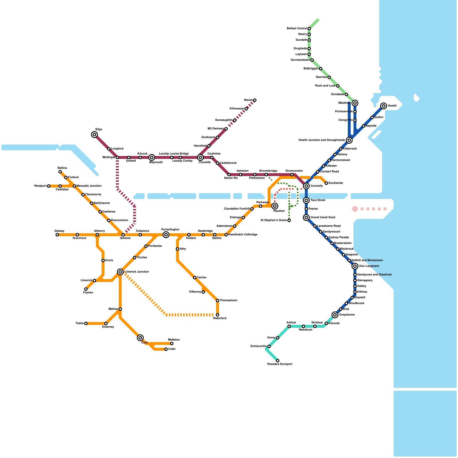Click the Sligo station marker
click(94, 135)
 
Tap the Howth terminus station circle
click(384, 106)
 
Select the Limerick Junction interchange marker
click(120, 272)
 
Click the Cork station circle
click(140, 338)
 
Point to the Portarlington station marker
click(166, 235)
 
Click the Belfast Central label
click(297, 29)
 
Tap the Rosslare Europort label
click(280, 364)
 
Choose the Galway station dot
click(57, 235)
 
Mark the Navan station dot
click(255, 100)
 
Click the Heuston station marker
click(275, 206)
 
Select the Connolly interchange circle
click(306, 186)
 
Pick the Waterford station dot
click(218, 315)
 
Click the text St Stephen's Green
click(274, 220)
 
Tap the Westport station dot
click(49, 186)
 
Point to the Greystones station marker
click(335, 315)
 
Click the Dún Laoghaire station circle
click(355, 266)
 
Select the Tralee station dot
click(86, 323)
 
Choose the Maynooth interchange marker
click(152, 157)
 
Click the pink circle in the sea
click(355, 209)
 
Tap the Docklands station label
click(335, 183)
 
